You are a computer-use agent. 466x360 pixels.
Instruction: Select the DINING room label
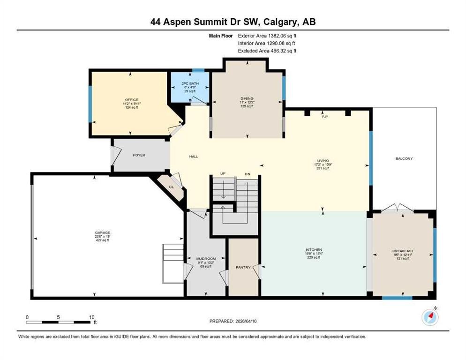coord(247,98)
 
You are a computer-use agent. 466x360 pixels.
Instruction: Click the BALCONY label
coord(404,158)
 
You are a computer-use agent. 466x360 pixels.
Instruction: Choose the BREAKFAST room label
coord(403,251)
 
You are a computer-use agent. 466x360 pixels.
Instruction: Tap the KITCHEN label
coord(313,249)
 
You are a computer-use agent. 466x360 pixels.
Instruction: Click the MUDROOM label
coord(205,258)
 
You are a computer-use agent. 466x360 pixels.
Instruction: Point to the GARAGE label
coord(102,232)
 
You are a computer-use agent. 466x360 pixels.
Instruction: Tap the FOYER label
coord(140,155)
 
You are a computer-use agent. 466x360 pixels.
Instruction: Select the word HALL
coord(193,157)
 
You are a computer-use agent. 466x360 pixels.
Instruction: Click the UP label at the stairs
coord(223,174)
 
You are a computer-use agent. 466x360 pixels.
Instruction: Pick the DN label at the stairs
coord(247,174)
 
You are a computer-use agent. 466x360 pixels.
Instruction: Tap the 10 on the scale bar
coord(92,317)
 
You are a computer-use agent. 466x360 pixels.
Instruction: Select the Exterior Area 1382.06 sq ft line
coord(267,35)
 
